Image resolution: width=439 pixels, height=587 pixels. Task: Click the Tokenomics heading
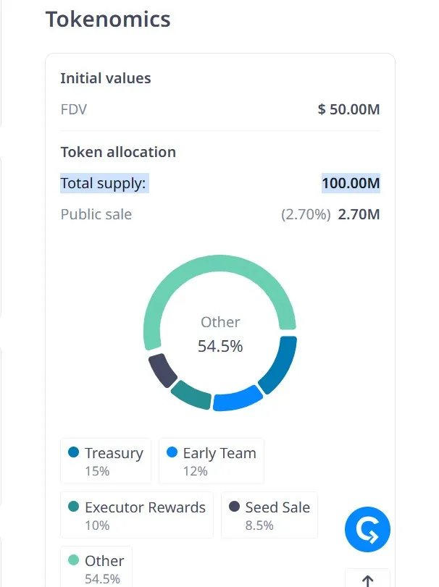click(108, 19)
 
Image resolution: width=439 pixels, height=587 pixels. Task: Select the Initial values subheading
click(106, 78)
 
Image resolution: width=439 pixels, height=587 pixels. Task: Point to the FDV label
click(74, 110)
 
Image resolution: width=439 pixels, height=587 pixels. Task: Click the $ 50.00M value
click(348, 110)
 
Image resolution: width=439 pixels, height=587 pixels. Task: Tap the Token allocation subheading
click(118, 152)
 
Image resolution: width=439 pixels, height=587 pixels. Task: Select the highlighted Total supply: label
click(104, 183)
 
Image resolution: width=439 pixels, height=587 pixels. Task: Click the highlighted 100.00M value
click(351, 183)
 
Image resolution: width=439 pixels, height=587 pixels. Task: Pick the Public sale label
click(96, 214)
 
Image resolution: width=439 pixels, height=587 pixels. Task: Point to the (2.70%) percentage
click(306, 214)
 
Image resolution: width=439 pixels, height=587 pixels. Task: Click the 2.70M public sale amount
click(359, 214)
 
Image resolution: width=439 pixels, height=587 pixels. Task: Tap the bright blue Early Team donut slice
click(238, 399)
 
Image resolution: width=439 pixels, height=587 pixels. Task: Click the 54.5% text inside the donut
click(220, 347)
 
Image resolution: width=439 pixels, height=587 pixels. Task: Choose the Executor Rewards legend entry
click(137, 515)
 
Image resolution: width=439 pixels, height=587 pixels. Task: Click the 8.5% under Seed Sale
click(259, 525)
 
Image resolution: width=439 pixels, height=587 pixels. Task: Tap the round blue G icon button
click(367, 531)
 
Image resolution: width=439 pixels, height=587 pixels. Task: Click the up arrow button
click(367, 579)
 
